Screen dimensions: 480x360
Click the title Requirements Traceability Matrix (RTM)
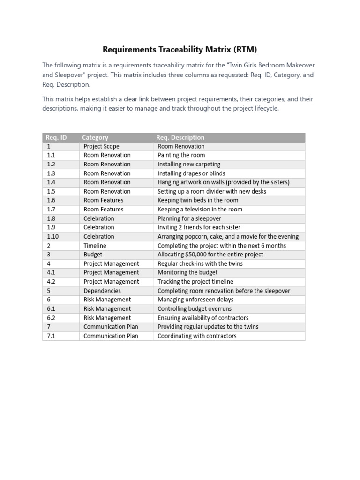tap(180, 49)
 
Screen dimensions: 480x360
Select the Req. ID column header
tap(56, 137)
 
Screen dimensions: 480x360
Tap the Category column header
tap(95, 137)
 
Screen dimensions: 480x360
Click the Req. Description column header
tap(180, 137)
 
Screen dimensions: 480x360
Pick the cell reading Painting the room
tap(181, 155)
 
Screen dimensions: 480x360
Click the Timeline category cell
tap(95, 246)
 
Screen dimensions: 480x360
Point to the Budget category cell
tap(93, 255)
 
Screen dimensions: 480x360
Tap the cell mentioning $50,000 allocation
tap(210, 255)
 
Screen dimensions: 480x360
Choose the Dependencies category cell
tap(102, 291)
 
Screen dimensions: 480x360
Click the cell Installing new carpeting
tap(189, 164)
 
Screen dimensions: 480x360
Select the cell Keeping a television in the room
tap(200, 210)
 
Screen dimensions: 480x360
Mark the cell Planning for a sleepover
tap(189, 218)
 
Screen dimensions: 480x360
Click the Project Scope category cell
tap(101, 146)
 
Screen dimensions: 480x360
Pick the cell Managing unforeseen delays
tap(195, 300)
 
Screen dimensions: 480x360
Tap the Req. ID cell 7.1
tap(51, 336)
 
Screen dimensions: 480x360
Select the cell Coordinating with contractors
tap(197, 336)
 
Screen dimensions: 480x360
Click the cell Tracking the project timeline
tap(195, 282)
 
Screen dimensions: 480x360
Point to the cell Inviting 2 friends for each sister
tap(199, 227)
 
